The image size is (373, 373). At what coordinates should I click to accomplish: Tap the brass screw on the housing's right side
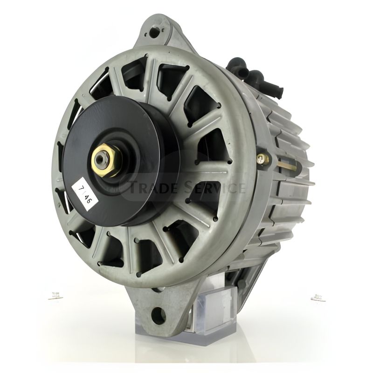pos(263,159)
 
